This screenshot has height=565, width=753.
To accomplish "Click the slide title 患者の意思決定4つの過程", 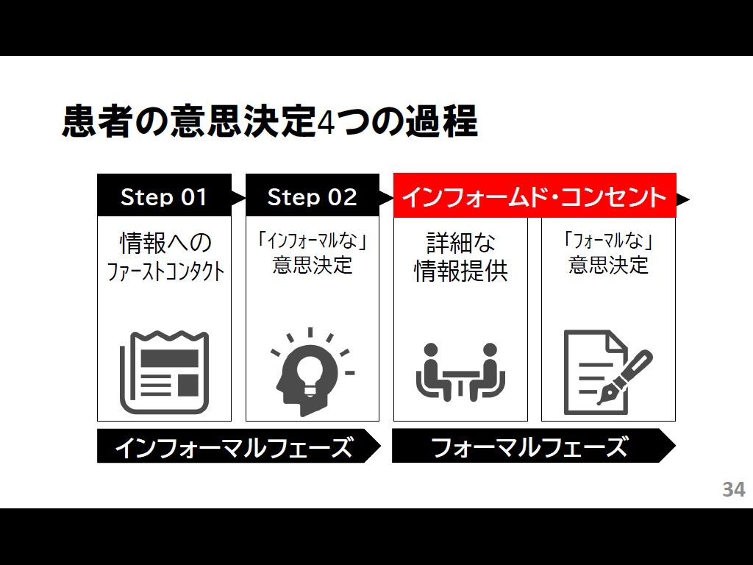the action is point(270,121).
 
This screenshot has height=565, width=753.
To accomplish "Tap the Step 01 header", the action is point(164,196).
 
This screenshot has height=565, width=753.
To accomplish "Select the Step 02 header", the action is point(312,196).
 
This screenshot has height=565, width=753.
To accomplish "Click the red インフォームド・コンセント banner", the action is point(535,196).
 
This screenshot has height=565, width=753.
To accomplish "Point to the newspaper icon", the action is point(164,372).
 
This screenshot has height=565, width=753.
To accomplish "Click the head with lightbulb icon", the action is point(312,372).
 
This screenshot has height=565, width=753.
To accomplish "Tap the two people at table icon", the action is point(460,372).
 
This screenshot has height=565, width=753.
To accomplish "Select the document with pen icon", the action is point(608,372).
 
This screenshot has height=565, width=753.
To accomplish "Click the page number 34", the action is point(733,489).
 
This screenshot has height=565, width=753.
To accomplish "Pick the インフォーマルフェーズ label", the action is point(234,447).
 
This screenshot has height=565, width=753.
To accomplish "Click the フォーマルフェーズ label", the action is point(529,447).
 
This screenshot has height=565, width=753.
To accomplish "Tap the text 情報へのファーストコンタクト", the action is point(165,257).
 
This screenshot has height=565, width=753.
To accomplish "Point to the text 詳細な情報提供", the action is point(460,257).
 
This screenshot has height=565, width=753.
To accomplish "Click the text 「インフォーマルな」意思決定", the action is point(312,253).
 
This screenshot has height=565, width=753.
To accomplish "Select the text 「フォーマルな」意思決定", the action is point(608,253).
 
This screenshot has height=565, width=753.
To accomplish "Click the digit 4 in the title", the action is point(326,122).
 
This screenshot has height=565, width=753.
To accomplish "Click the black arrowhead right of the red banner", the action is point(682,199).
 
